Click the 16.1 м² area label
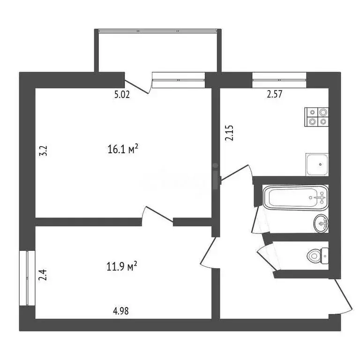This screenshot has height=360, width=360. click(x=122, y=150)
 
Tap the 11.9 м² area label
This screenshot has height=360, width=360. click(x=122, y=267)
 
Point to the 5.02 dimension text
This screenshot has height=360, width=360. click(x=122, y=94)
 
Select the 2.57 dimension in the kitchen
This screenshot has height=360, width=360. click(x=275, y=94)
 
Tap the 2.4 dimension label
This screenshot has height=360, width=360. click(x=42, y=273)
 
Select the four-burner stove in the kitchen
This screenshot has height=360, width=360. click(x=317, y=117)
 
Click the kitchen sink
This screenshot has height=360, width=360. click(x=317, y=164)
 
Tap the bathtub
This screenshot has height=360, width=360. click(x=294, y=198)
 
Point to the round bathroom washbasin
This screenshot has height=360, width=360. click(x=322, y=223)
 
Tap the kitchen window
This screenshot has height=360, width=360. click(x=279, y=77)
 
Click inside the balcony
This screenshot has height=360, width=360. click(x=157, y=52)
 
